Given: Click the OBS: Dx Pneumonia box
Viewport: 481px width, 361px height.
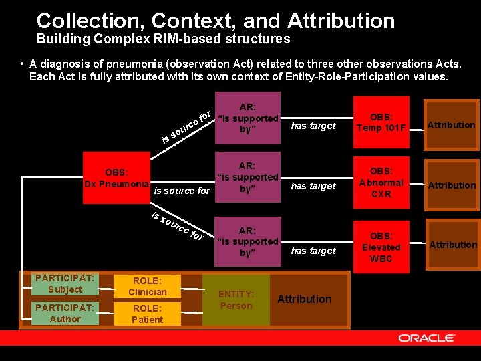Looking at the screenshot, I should coord(116,178).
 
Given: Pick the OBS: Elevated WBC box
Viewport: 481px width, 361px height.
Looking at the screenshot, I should coord(381,247).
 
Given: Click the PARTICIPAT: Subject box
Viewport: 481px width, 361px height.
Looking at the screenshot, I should coord(65,284).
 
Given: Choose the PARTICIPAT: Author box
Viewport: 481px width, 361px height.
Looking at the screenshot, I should coord(65,314).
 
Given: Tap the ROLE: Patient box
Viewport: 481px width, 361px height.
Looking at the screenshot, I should coord(147,314).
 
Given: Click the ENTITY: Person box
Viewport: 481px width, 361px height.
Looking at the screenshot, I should coord(236,300).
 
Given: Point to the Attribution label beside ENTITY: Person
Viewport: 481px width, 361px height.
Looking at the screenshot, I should coord(304,299).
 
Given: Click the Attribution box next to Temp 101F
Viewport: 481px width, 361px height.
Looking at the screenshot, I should coord(452,125).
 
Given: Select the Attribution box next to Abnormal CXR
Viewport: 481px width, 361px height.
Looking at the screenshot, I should coord(452,185).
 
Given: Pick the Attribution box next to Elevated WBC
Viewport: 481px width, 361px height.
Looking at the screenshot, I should coord(453,245).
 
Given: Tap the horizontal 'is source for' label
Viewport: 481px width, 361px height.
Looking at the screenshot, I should coord(182,191).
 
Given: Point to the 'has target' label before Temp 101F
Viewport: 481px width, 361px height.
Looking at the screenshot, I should coord(313,126).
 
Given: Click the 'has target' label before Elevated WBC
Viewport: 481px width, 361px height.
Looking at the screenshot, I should coord(313,251).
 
